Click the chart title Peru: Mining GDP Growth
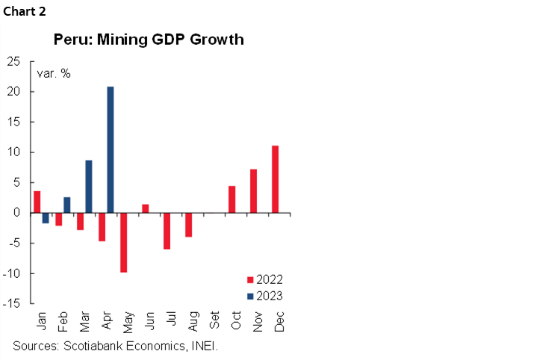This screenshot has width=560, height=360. point(148,40)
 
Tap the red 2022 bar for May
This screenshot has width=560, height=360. point(123,242)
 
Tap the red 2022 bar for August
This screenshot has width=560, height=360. point(188,225)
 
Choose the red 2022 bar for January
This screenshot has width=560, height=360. point(37,202)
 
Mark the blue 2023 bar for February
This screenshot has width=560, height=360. point(67,205)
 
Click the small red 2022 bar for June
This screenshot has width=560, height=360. point(145,208)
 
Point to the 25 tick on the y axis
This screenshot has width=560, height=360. point(13,61)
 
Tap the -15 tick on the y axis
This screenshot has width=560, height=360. point(11,304)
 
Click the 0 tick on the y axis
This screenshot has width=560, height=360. point(16,213)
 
